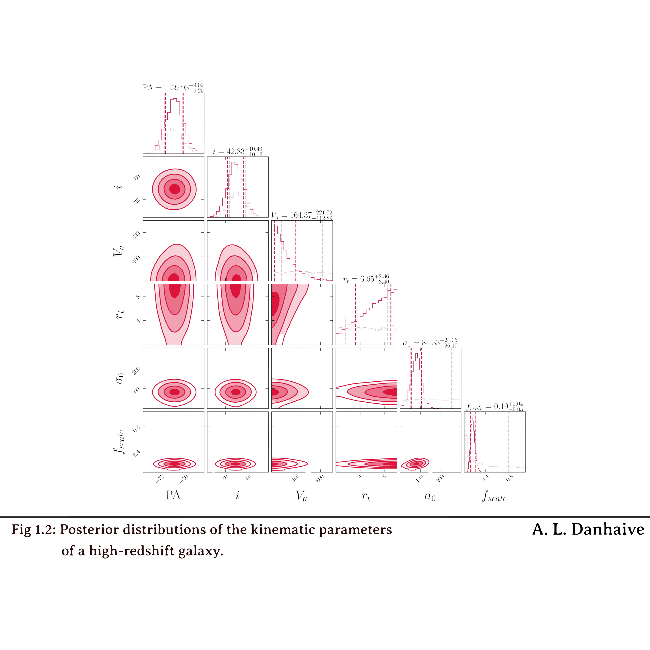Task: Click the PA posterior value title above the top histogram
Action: pyautogui.click(x=173, y=88)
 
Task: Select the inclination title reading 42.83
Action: pyautogui.click(x=237, y=151)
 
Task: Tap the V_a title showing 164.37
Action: pyautogui.click(x=302, y=215)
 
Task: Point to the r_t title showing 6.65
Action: pyautogui.click(x=366, y=279)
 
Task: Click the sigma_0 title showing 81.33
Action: pyautogui.click(x=430, y=343)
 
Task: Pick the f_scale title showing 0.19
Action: pyautogui.click(x=495, y=406)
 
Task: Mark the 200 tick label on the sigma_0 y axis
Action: pyautogui.click(x=136, y=370)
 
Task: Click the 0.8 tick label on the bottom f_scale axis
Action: pyautogui.click(x=510, y=478)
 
